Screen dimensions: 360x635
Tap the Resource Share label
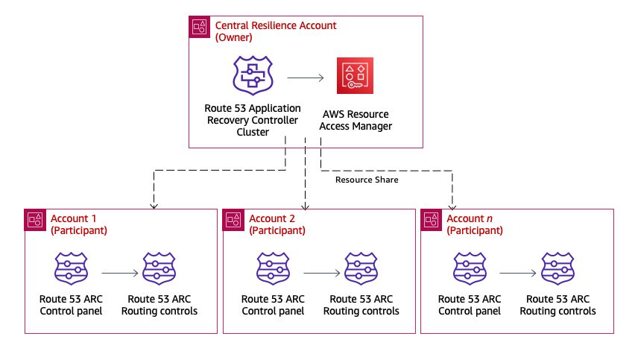366,180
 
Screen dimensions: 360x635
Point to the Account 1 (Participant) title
78,224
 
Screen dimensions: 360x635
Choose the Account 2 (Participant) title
277,224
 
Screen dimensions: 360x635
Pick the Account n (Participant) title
474,224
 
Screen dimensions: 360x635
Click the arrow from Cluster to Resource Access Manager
305,77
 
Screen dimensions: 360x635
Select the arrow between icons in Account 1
119,274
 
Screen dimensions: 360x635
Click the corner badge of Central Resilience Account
199,27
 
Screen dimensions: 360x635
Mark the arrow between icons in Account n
518,274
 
